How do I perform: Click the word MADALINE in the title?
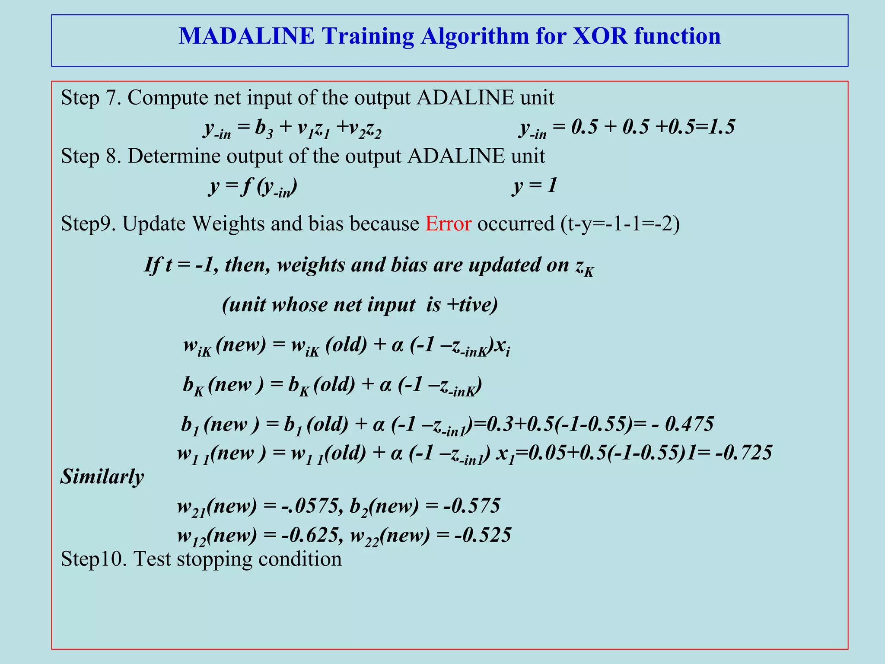247,36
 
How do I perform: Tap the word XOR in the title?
599,36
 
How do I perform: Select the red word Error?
448,224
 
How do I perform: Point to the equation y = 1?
535,186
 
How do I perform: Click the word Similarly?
102,477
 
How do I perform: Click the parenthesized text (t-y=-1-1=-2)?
620,224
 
